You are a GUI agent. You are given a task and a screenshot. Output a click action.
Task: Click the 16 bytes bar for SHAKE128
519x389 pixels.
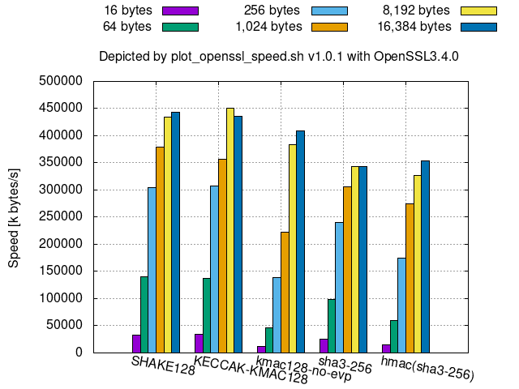pos(137,344)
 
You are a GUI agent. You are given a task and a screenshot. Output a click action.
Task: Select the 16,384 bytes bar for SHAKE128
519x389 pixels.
pos(175,233)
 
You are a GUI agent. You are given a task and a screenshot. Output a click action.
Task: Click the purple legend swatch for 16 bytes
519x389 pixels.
pos(181,11)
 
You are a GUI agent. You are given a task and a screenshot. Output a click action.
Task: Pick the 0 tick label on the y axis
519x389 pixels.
pos(80,353)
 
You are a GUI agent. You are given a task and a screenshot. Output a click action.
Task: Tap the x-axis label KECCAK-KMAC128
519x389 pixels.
pos(251,370)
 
